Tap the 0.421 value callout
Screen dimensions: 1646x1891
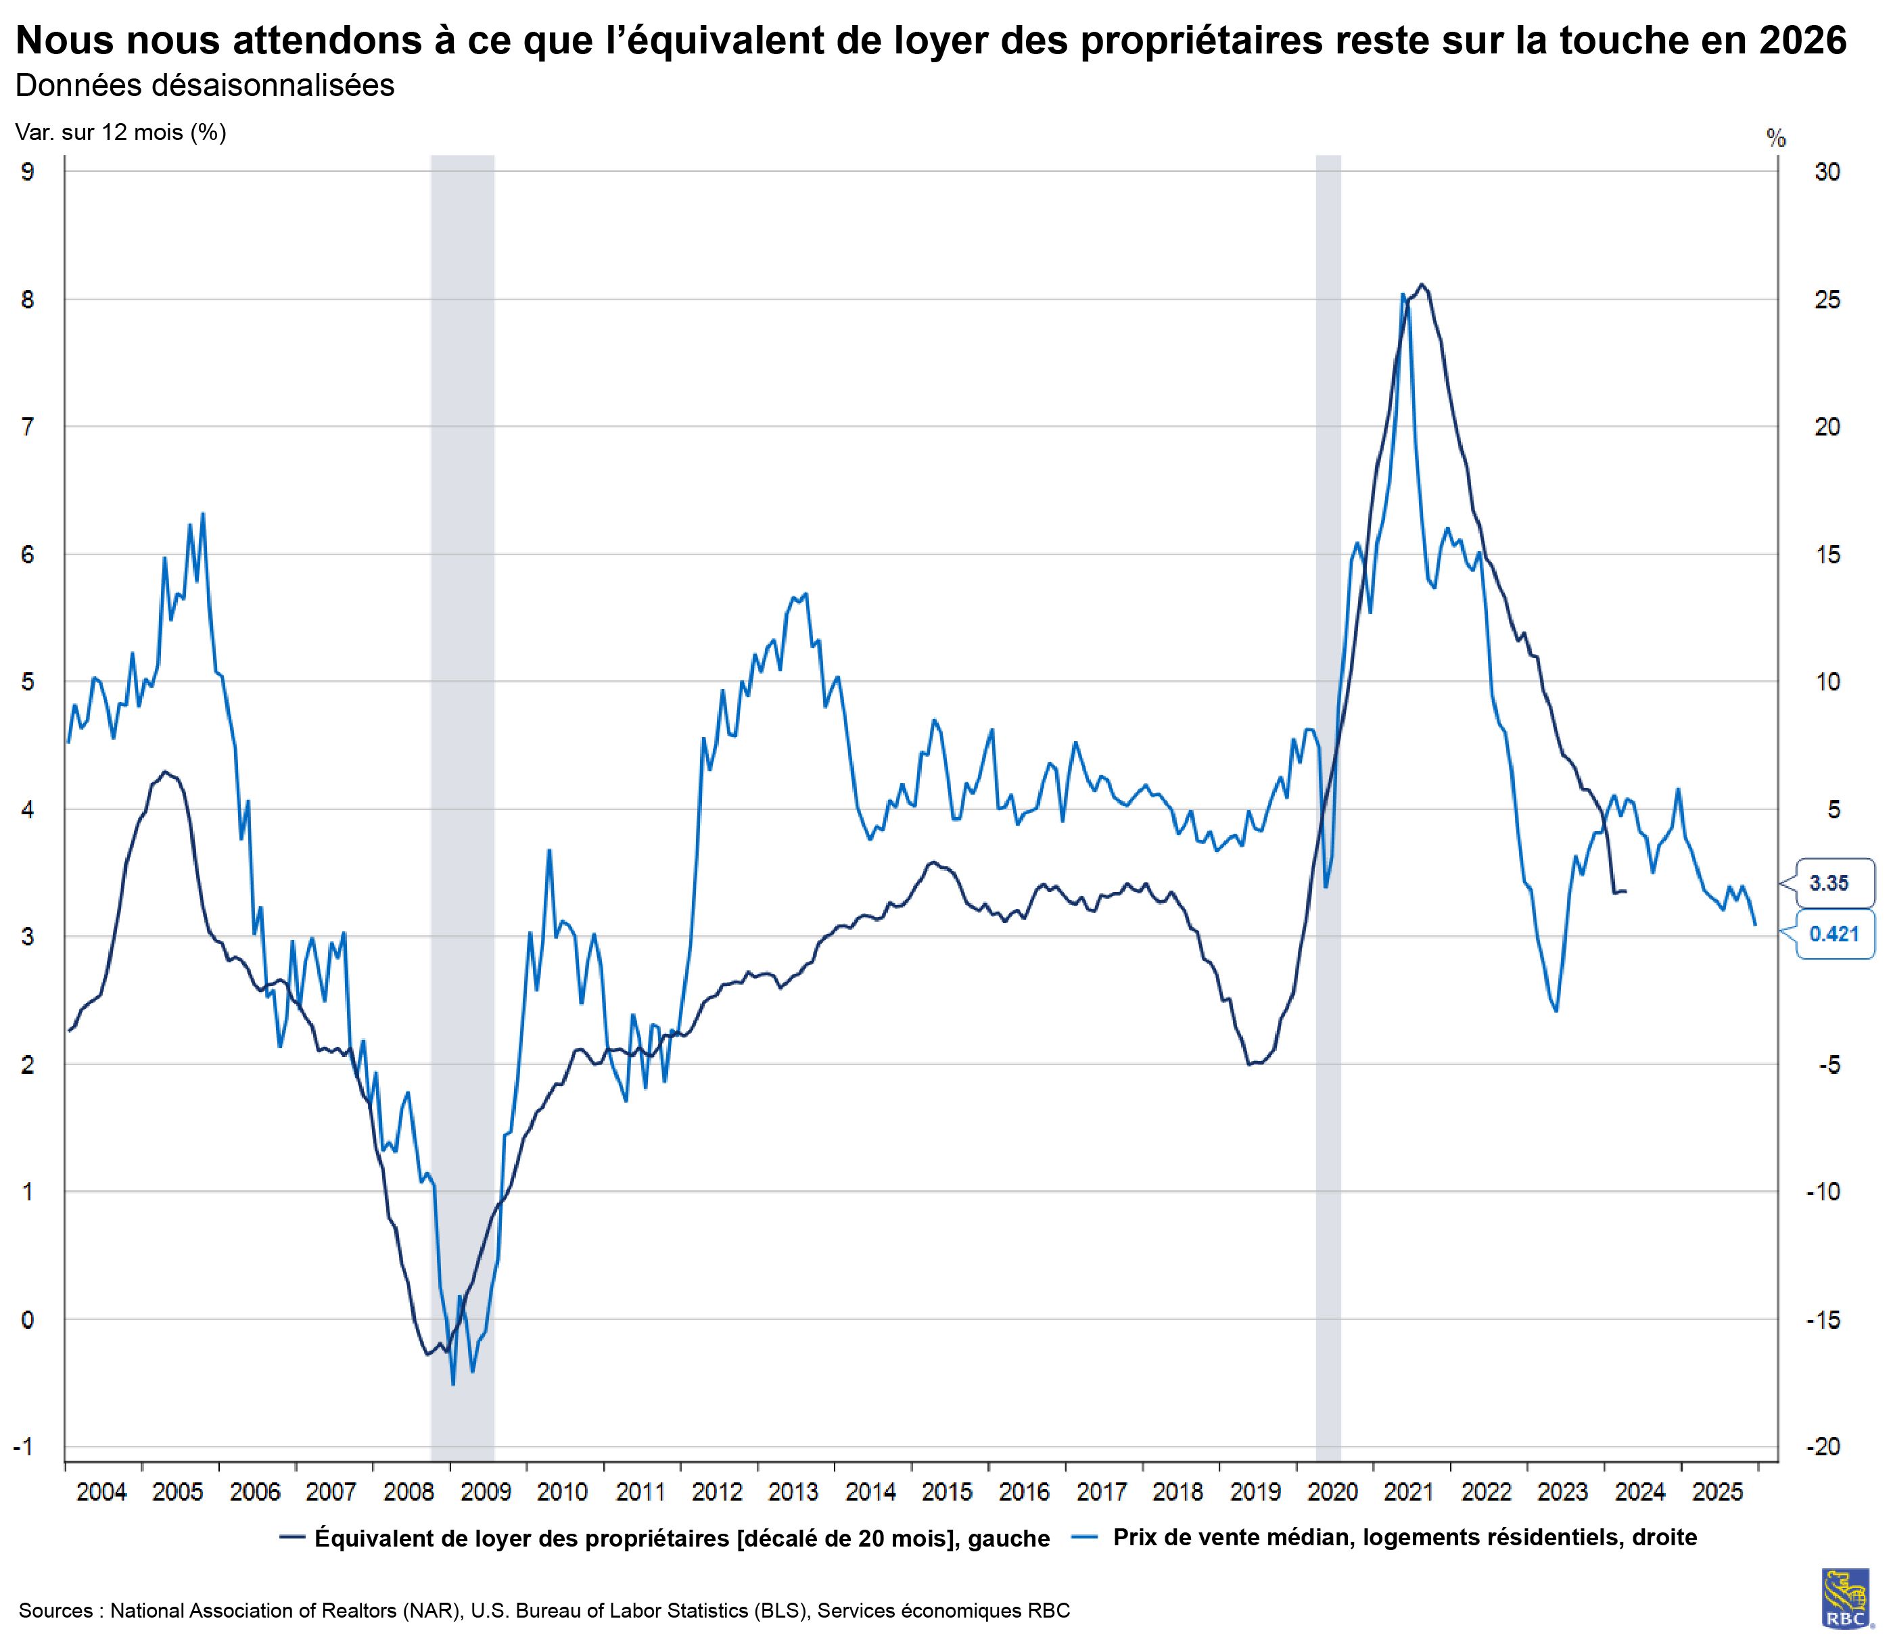click(1833, 934)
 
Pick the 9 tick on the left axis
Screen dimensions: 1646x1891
click(28, 172)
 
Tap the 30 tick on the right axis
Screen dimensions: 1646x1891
click(1827, 172)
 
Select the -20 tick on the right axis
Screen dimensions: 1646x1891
click(1824, 1447)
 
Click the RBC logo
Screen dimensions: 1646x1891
click(1846, 1599)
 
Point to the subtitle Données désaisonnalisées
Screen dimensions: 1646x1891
click(205, 85)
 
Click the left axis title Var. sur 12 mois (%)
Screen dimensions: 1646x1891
click(120, 133)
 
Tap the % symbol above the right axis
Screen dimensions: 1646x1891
click(1776, 139)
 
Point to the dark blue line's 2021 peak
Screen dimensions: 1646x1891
click(1422, 285)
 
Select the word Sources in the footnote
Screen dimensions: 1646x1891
click(55, 1610)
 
